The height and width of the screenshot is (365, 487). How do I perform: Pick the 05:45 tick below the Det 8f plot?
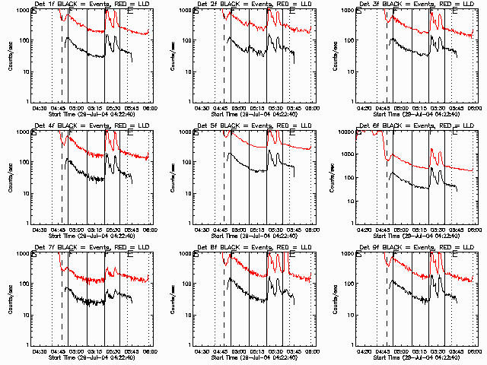click(294, 351)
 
